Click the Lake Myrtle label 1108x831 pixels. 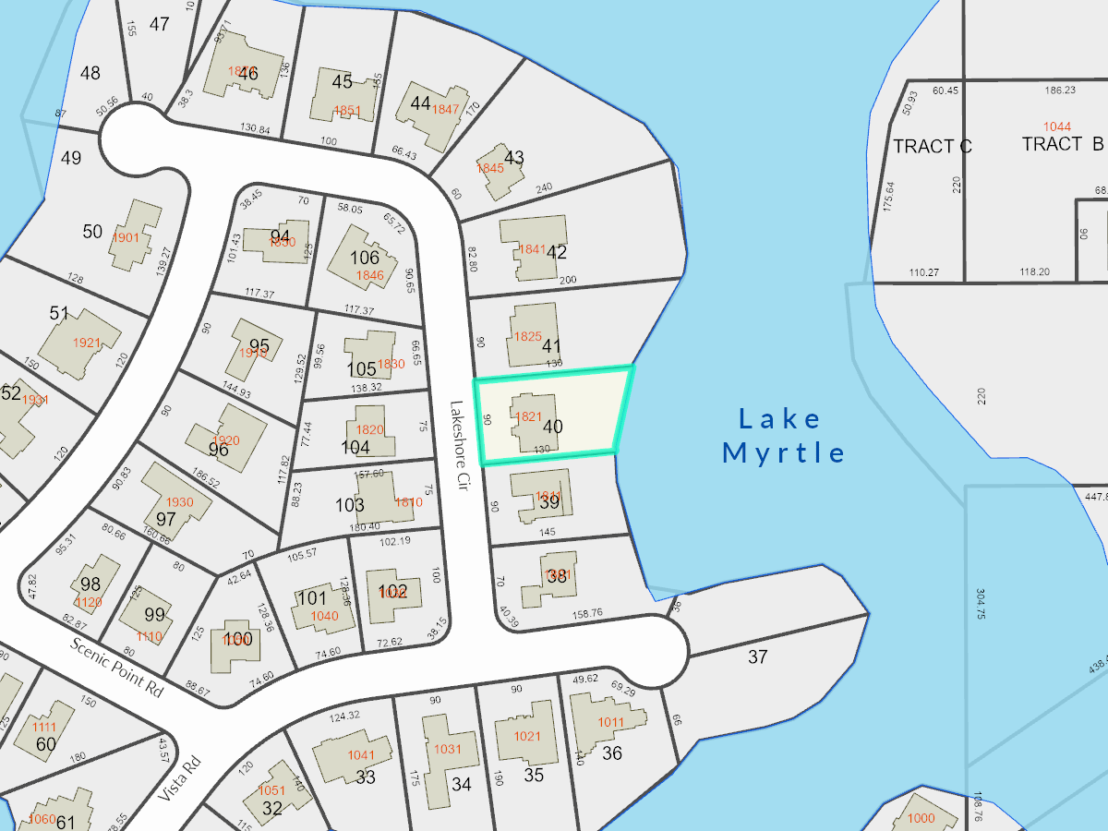click(x=783, y=436)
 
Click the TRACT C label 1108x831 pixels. click(x=932, y=146)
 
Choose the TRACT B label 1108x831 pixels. click(x=1063, y=144)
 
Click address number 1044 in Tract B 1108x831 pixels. click(x=1057, y=126)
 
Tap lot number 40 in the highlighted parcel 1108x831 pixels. click(x=553, y=427)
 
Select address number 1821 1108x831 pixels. click(x=528, y=416)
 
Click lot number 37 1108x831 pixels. click(x=758, y=657)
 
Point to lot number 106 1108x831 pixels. click(x=365, y=258)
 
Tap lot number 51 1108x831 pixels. click(x=59, y=314)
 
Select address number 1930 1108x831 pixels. click(x=180, y=502)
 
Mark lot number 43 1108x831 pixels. click(x=514, y=158)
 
